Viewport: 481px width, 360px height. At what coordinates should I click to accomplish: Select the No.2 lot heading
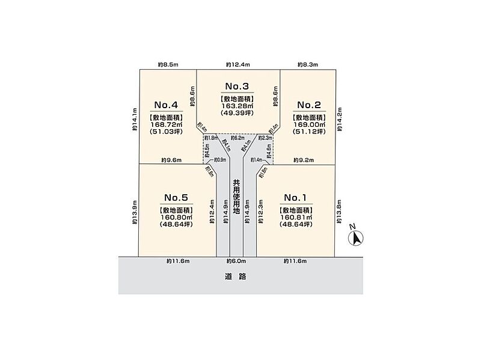310,104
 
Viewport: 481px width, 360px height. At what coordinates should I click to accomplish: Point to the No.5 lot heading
176,197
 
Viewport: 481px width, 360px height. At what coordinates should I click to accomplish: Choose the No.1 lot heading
296,197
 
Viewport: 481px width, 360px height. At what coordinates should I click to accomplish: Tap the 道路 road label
239,277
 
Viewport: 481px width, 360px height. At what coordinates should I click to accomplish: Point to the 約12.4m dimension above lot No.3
237,64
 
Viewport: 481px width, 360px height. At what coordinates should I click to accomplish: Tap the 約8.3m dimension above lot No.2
308,64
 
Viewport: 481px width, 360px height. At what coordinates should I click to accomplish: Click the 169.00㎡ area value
310,125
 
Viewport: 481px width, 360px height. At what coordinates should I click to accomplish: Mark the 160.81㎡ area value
296,218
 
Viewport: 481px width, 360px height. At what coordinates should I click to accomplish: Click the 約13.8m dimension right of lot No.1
339,212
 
